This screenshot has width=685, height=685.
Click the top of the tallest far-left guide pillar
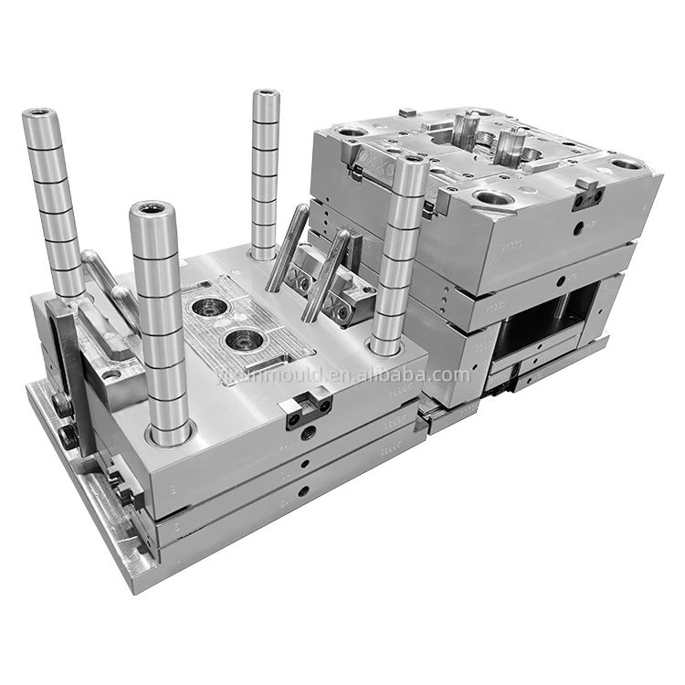pos(40,116)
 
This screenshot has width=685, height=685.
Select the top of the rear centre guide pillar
pos(265,95)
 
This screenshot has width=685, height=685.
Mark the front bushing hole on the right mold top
pos(488,198)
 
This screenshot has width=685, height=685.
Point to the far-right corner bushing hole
pos(626,164)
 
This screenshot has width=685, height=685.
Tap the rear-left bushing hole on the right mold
pos(351,132)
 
